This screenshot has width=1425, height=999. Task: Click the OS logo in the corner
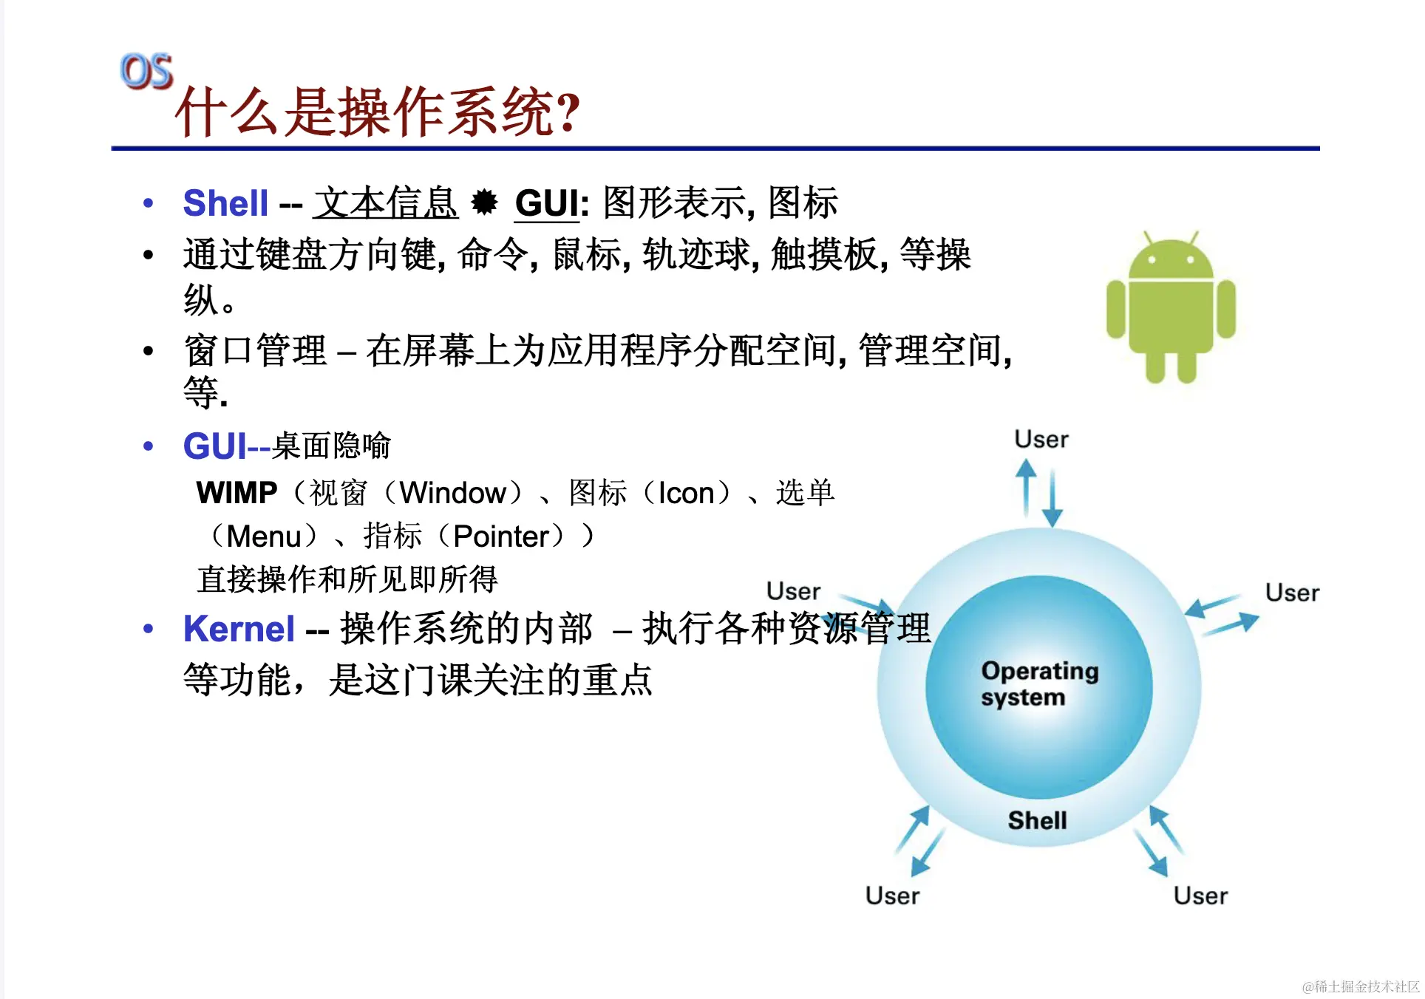[146, 72]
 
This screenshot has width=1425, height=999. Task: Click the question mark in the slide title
[568, 113]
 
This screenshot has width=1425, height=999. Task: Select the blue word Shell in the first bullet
[225, 203]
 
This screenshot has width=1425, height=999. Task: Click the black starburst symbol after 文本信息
[485, 202]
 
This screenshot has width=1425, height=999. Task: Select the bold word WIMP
[237, 493]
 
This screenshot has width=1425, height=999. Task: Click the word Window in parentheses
[453, 493]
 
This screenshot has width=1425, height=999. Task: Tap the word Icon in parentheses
[686, 493]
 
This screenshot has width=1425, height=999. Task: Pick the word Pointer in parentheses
[502, 536]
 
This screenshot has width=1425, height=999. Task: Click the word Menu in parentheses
[264, 536]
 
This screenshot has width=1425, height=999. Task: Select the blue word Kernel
[239, 629]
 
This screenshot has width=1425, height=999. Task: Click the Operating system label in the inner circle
[1039, 683]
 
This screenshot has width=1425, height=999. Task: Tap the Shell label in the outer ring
[1037, 820]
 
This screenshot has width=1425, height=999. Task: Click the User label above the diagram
[1041, 439]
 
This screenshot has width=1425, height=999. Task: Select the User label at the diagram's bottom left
[892, 896]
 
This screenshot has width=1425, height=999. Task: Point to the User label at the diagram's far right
[1292, 593]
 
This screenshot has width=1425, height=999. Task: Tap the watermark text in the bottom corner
[1361, 986]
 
